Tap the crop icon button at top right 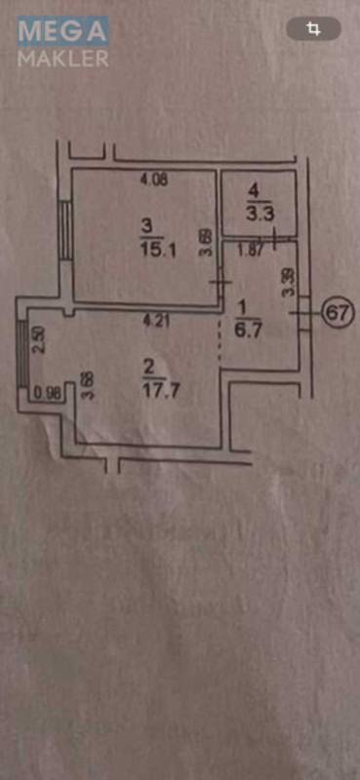pyautogui.click(x=313, y=28)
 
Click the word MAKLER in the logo pyautogui.click(x=63, y=59)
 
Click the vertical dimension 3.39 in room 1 pyautogui.click(x=288, y=284)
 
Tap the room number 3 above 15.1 pyautogui.click(x=146, y=228)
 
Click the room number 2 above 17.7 pyautogui.click(x=149, y=370)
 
